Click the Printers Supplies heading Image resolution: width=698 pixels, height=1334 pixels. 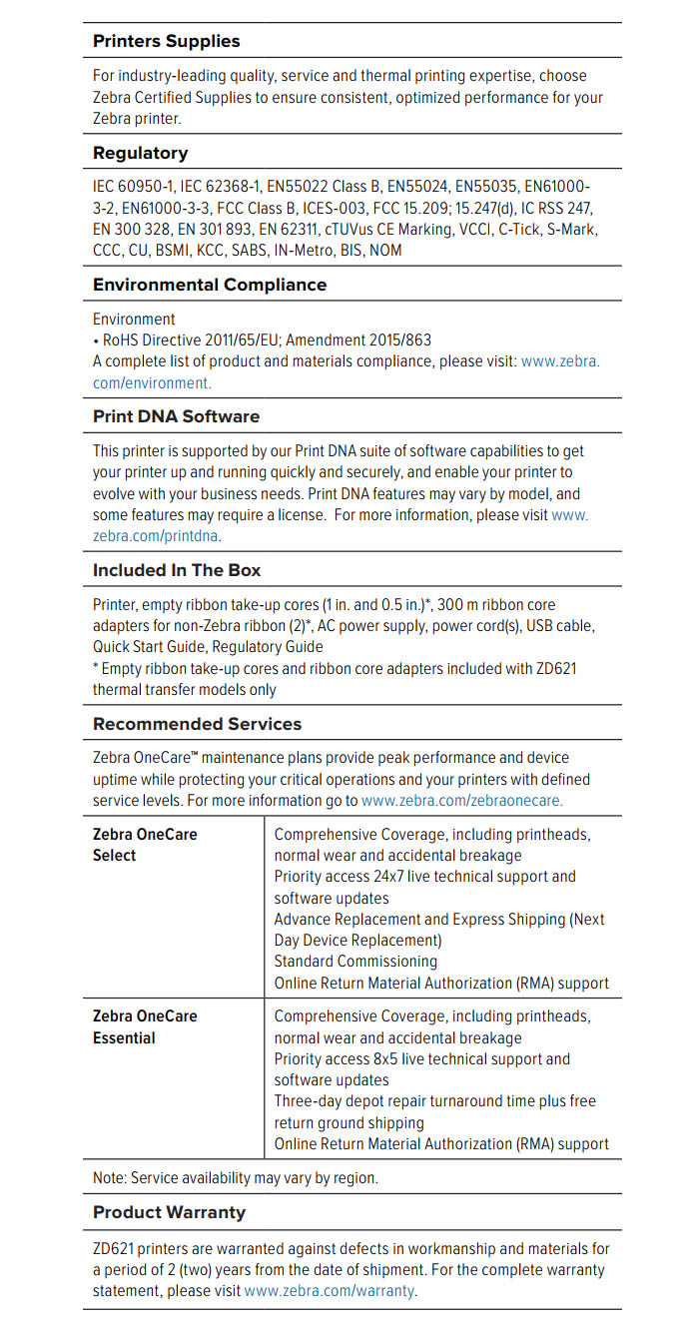(x=166, y=41)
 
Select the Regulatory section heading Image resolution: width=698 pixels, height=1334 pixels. (x=140, y=153)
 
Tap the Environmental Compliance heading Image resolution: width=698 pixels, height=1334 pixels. (x=210, y=285)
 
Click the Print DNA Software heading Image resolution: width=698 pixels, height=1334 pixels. (x=176, y=416)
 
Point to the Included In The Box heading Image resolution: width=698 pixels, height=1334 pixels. (x=177, y=570)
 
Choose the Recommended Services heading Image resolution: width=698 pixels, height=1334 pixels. (x=197, y=724)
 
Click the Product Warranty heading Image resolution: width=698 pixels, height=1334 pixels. (x=169, y=1212)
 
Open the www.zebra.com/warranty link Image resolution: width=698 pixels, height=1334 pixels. (x=330, y=1291)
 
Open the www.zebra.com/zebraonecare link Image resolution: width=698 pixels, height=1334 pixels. (x=461, y=801)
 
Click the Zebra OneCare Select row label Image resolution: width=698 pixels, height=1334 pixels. (x=145, y=844)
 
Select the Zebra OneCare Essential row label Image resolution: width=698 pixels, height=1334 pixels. (x=145, y=1026)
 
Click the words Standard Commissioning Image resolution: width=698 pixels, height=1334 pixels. (x=355, y=962)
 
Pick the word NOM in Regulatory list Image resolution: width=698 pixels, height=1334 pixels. (x=385, y=251)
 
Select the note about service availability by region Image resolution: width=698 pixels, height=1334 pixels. (x=236, y=1178)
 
